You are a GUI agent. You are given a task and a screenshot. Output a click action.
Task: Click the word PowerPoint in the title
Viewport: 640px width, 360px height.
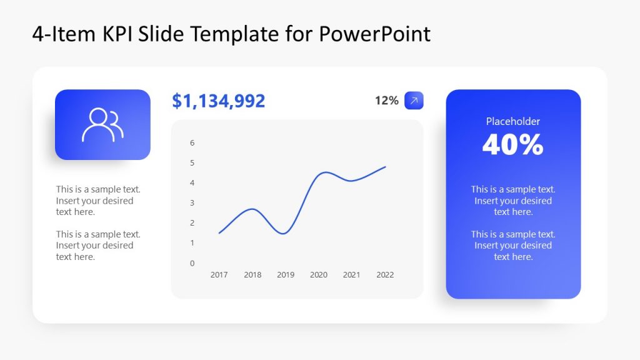(x=375, y=34)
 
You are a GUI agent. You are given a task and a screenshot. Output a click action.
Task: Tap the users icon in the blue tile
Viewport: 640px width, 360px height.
(x=102, y=125)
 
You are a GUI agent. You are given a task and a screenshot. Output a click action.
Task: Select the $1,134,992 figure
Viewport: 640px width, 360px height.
(x=219, y=101)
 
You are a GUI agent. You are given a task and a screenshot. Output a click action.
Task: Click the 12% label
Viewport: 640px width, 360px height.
(x=386, y=101)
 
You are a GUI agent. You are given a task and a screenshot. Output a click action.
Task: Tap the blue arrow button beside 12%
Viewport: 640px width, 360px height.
(x=414, y=101)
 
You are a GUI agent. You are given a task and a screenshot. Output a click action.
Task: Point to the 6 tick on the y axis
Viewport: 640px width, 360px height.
(x=192, y=142)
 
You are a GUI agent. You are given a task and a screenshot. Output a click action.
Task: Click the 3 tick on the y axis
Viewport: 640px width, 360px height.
(x=192, y=202)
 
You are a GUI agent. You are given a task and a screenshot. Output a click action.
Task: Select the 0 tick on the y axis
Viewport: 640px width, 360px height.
(x=192, y=263)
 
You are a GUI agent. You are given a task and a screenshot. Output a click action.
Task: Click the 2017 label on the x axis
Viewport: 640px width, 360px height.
(x=219, y=275)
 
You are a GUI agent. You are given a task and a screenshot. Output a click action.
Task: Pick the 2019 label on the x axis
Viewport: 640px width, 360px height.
(x=286, y=275)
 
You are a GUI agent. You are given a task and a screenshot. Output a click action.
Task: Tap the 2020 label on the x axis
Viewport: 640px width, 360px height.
(x=319, y=275)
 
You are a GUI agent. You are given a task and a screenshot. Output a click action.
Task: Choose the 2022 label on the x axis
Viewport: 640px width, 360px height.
(x=385, y=275)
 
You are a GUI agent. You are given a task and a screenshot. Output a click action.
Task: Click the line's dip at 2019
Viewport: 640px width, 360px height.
(x=284, y=234)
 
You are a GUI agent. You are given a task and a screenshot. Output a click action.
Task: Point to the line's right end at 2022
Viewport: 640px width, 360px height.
(x=385, y=167)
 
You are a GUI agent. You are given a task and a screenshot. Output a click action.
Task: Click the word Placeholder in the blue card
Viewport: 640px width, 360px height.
(x=513, y=121)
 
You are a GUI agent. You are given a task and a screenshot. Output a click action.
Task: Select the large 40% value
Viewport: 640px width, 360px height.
(x=513, y=145)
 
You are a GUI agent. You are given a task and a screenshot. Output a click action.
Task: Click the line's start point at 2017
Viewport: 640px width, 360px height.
(x=219, y=233)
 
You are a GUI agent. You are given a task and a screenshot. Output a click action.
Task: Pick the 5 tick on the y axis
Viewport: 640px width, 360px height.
(x=192, y=162)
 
